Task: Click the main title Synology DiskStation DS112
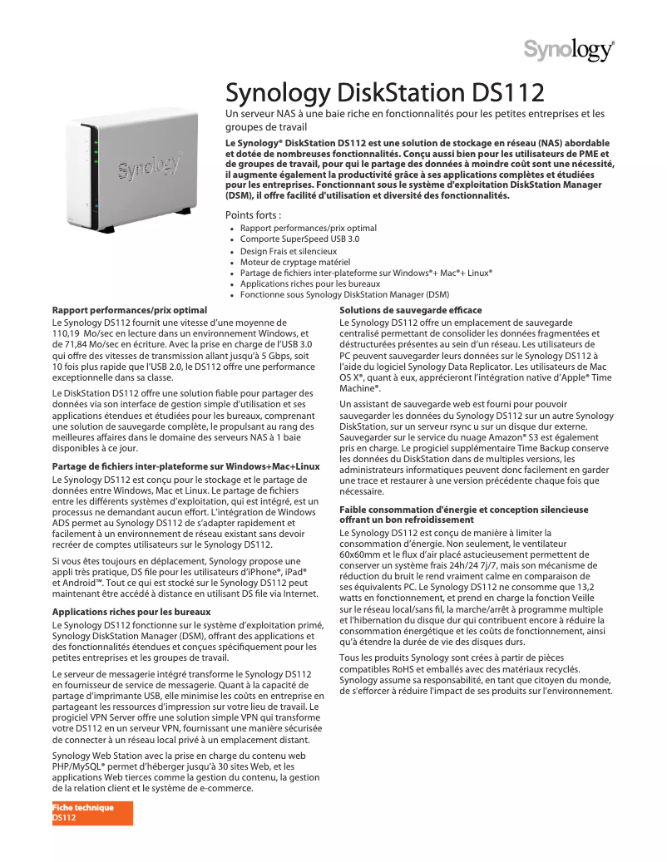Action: [x=385, y=93]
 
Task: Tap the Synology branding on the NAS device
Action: [x=149, y=167]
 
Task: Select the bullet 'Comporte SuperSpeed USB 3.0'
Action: [x=299, y=239]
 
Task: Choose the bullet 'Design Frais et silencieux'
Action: [x=288, y=250]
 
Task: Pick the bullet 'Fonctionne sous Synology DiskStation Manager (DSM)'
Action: [x=344, y=294]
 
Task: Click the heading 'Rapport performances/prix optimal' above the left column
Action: [x=129, y=310]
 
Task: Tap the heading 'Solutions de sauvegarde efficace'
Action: [x=411, y=310]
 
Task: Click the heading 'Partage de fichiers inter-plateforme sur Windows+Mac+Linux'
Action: [x=185, y=466]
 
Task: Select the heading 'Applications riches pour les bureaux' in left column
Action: [x=131, y=612]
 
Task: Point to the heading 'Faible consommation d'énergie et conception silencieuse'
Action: [x=463, y=510]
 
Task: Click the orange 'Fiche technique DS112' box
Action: [x=92, y=813]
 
